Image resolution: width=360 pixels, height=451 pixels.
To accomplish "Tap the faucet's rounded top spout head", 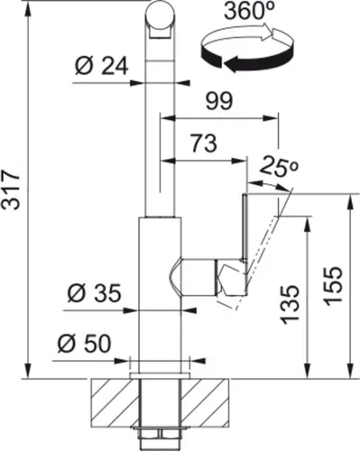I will click(160, 19).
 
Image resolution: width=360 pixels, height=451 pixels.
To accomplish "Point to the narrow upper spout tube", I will click(159, 126).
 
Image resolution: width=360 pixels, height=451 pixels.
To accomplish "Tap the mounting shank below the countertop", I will click(159, 410).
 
